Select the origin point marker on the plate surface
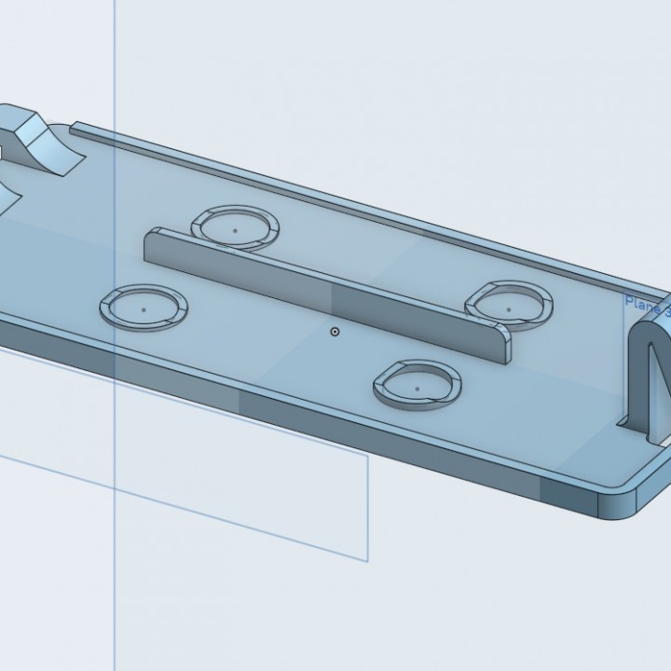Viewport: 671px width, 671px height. (x=335, y=331)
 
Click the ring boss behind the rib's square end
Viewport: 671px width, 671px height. (x=235, y=226)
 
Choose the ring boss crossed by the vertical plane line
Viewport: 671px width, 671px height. (x=144, y=307)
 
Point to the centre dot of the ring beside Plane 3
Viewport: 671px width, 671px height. (x=509, y=304)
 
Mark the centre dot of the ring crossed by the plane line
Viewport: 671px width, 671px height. (x=144, y=305)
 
